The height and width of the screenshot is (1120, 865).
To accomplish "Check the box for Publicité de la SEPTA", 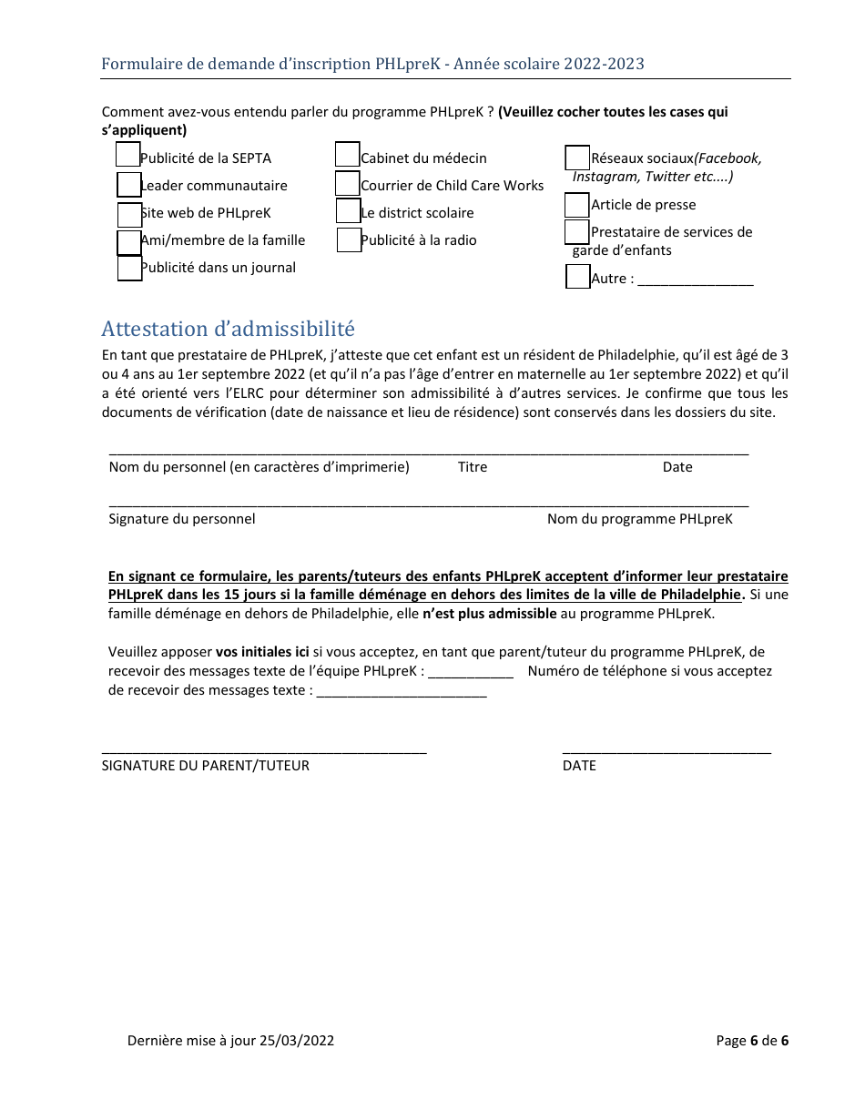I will [127, 155].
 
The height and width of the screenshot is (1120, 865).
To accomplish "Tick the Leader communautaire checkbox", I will [129, 185].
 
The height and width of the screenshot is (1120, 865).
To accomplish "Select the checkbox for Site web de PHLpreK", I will [129, 214].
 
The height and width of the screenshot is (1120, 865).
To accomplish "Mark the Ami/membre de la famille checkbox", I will [129, 242].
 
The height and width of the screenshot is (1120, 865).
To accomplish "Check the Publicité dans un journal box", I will [129, 269].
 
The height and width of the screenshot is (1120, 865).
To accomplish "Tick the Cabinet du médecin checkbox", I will [347, 155].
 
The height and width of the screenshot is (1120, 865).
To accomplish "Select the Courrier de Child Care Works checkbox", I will [347, 184].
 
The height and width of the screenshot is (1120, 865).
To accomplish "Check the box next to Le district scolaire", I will [348, 211].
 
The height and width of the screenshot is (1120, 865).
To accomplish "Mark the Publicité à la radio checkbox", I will [349, 240].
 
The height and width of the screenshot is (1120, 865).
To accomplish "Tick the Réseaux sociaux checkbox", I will [577, 158].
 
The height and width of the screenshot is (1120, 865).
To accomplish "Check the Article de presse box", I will [576, 206].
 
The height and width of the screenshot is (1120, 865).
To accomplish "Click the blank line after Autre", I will [696, 280].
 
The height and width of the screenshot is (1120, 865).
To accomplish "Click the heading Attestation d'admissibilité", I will [228, 329].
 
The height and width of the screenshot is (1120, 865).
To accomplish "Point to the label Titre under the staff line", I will [473, 467].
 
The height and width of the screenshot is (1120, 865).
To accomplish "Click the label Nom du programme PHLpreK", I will [639, 519].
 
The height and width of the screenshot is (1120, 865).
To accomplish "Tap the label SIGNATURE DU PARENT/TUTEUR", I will [206, 766].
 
